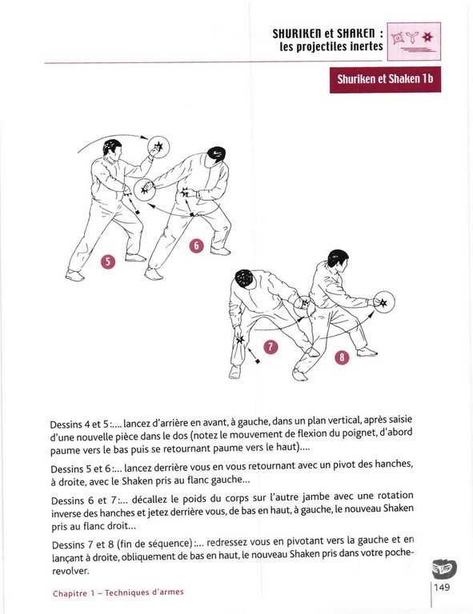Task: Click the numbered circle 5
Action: click(x=108, y=261)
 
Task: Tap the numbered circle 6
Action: click(x=196, y=246)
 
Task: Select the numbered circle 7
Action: click(x=271, y=347)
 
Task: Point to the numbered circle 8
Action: click(x=342, y=357)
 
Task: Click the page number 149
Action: click(x=442, y=587)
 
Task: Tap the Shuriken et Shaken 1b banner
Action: click(x=385, y=79)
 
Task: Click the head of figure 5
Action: click(x=112, y=147)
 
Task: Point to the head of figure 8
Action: click(x=337, y=259)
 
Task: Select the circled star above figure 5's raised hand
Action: click(x=158, y=147)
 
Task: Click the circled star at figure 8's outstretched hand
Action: click(x=383, y=302)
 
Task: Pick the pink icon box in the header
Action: click(x=414, y=42)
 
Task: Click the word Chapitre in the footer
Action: click(x=70, y=594)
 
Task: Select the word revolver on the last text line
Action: click(x=70, y=571)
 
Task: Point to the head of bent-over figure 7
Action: click(x=243, y=278)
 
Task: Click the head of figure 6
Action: click(x=217, y=153)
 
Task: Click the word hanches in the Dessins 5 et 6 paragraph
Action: click(x=393, y=464)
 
